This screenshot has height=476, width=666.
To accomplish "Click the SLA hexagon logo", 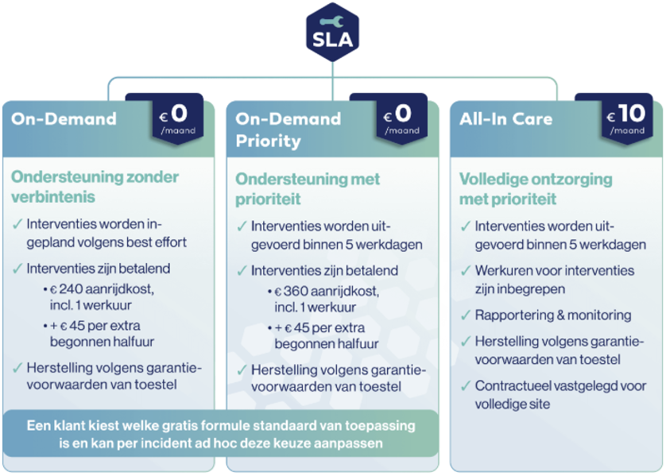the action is [x=332, y=33].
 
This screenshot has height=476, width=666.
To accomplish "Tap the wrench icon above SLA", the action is [x=332, y=21].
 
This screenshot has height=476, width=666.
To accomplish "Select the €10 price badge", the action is [x=627, y=118].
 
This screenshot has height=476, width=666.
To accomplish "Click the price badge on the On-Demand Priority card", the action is [x=402, y=118].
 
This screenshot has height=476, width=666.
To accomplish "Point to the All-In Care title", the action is [x=506, y=119].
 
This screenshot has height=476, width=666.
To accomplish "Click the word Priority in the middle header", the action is [x=268, y=141].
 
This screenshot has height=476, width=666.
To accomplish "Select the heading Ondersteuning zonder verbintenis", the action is [x=95, y=187].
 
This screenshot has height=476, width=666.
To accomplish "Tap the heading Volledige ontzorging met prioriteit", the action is [x=536, y=189].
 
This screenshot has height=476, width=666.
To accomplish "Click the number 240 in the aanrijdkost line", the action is [x=71, y=289].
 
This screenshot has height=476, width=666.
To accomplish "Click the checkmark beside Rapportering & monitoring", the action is [x=466, y=315].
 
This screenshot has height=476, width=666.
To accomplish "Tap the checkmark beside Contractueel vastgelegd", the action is [x=466, y=385].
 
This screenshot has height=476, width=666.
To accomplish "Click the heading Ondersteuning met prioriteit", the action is [x=308, y=189].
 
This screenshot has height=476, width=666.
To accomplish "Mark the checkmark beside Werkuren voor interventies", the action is [x=466, y=270].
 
